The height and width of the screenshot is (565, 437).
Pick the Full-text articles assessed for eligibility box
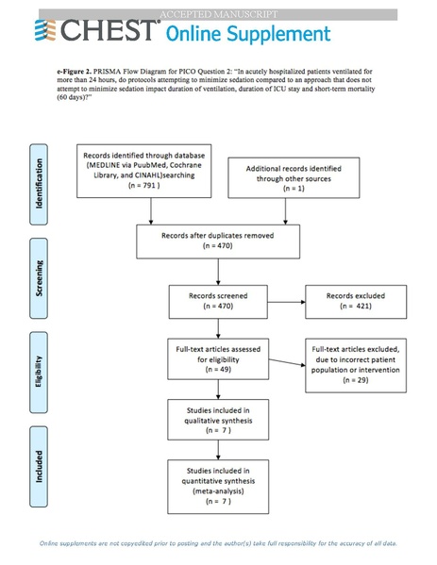tap(219, 358)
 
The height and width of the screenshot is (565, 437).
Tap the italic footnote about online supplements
tap(218, 543)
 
